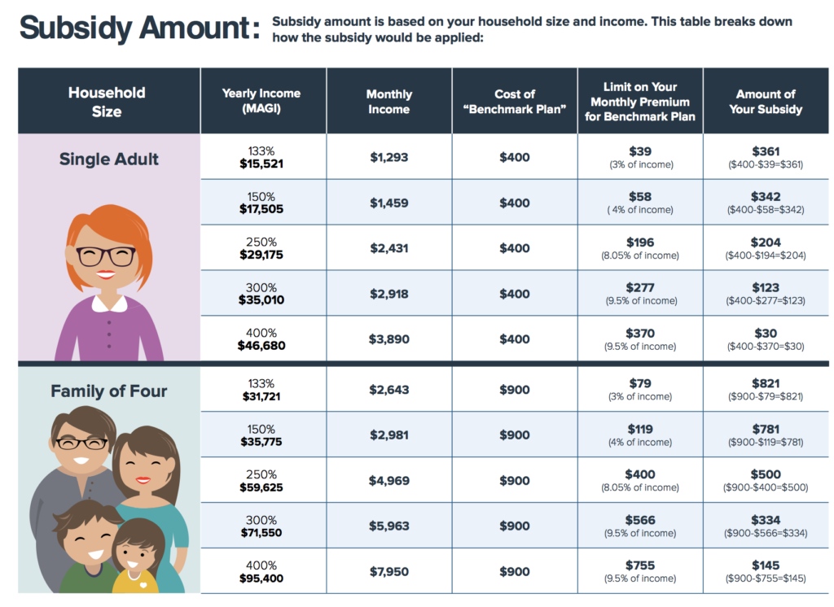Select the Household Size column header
point(107,102)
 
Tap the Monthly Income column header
point(388,102)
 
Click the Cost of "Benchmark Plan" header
point(514,102)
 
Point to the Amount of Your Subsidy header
point(766,102)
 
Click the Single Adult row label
point(109,159)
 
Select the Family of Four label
point(109,391)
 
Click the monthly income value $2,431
point(388,248)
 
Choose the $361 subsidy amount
point(766,152)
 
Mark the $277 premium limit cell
point(640,288)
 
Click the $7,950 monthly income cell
point(388,572)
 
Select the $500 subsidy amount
point(766,474)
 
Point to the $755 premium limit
point(640,566)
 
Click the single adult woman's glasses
point(107,256)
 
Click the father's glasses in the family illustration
point(81,444)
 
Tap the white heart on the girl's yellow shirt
point(143,583)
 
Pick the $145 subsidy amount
point(766,566)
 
